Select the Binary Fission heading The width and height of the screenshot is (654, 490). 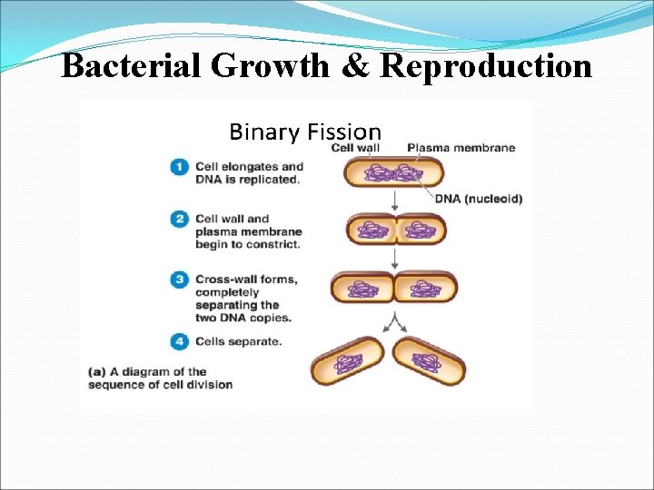point(305,132)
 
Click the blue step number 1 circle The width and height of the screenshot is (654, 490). point(179,167)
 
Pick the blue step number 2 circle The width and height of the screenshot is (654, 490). point(179,219)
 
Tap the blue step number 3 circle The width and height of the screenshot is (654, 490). point(179,279)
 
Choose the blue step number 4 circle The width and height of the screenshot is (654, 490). point(179,342)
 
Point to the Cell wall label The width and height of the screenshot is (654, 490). point(355,148)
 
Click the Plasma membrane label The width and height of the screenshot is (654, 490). point(461,148)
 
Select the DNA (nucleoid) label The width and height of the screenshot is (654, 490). point(479,199)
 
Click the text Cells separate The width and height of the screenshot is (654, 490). point(239,342)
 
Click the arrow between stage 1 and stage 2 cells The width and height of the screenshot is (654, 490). point(395,199)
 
